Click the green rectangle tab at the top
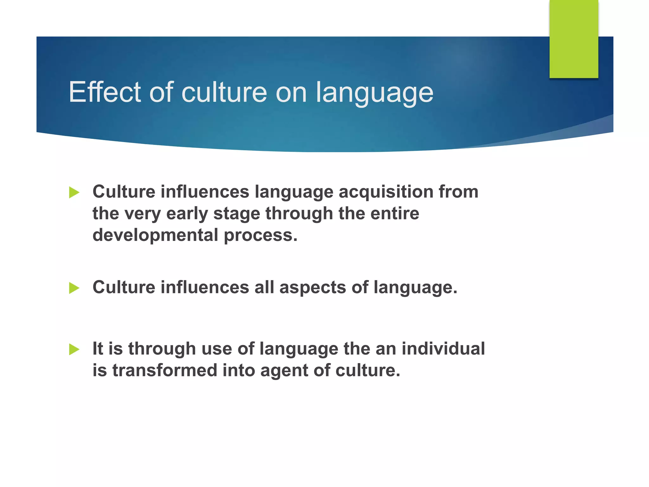[x=574, y=39]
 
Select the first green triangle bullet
[x=74, y=192]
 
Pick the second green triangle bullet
[x=74, y=288]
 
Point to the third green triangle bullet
[x=74, y=349]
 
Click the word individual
[x=443, y=349]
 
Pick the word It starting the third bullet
[x=98, y=349]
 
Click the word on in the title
[x=291, y=93]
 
